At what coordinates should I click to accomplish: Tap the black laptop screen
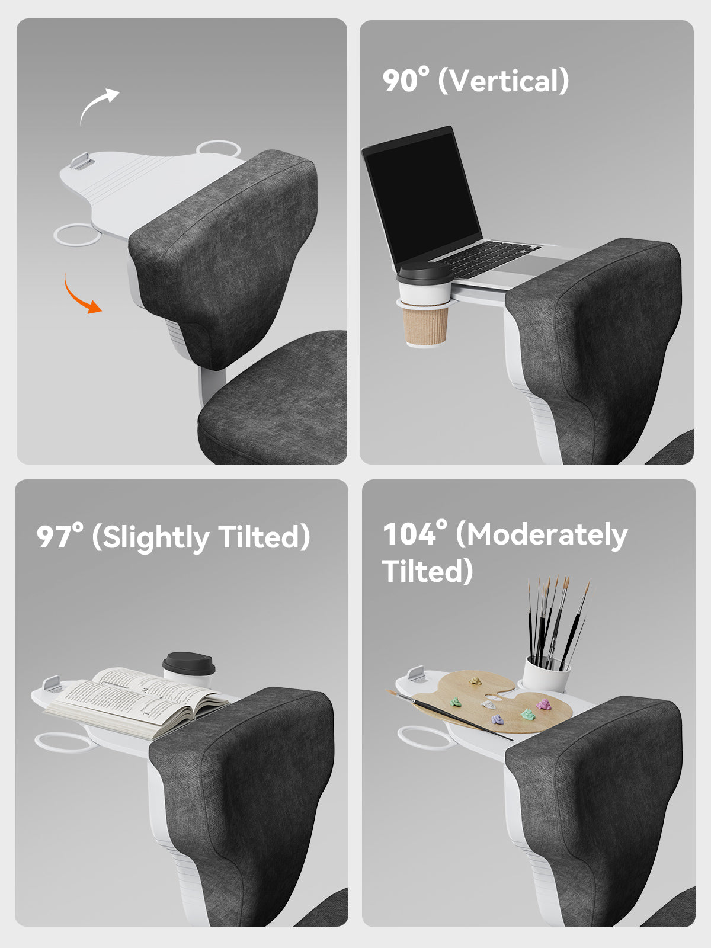tap(423, 198)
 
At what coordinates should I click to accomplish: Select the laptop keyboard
tap(488, 258)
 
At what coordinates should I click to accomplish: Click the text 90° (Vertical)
tap(475, 81)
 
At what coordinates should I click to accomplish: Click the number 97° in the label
tap(60, 536)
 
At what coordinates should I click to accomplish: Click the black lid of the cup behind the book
tap(188, 664)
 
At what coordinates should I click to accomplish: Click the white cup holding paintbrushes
tap(546, 674)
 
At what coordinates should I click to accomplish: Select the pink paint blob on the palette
tap(543, 705)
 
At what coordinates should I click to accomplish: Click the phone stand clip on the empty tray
tap(82, 161)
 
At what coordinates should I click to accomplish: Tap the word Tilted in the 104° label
tap(427, 571)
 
